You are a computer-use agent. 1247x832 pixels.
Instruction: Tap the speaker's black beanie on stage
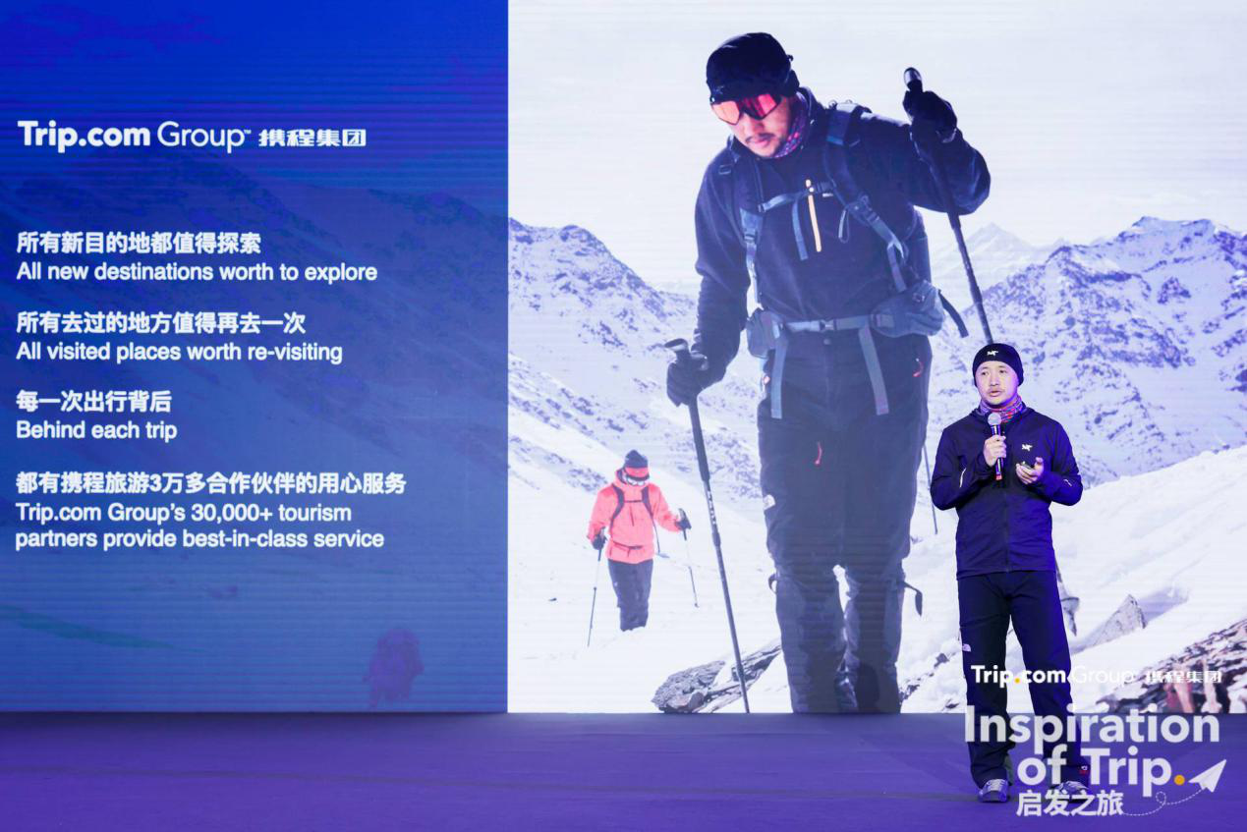tap(997, 361)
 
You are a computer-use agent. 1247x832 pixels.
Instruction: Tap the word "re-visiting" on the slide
tap(295, 353)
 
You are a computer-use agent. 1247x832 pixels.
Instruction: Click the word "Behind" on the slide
tap(51, 430)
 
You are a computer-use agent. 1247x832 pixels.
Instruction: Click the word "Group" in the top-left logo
tap(199, 136)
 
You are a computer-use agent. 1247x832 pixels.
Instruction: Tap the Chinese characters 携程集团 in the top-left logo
tap(312, 139)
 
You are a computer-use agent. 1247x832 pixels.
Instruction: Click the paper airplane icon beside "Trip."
tap(1207, 774)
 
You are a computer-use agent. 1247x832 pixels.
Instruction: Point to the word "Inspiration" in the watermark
tap(1092, 726)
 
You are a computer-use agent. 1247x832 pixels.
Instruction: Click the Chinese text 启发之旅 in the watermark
tap(1070, 804)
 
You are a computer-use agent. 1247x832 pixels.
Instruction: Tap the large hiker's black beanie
tap(750, 64)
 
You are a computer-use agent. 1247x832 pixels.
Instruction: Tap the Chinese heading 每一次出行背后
tap(93, 402)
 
